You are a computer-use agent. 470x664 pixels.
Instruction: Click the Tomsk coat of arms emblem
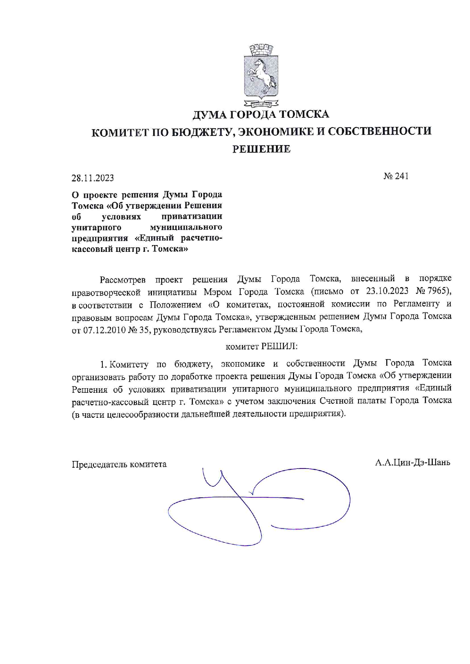point(261,75)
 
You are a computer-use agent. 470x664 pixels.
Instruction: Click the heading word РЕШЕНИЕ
point(261,149)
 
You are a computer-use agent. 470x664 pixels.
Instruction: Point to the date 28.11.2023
point(93,178)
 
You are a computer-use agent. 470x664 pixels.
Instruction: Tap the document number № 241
point(396,176)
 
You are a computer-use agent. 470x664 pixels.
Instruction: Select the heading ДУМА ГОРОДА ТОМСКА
point(261,114)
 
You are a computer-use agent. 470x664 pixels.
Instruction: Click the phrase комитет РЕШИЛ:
point(262,346)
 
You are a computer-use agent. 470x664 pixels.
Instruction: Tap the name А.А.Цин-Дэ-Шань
point(413,462)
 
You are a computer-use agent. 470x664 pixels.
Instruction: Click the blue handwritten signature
point(258,506)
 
